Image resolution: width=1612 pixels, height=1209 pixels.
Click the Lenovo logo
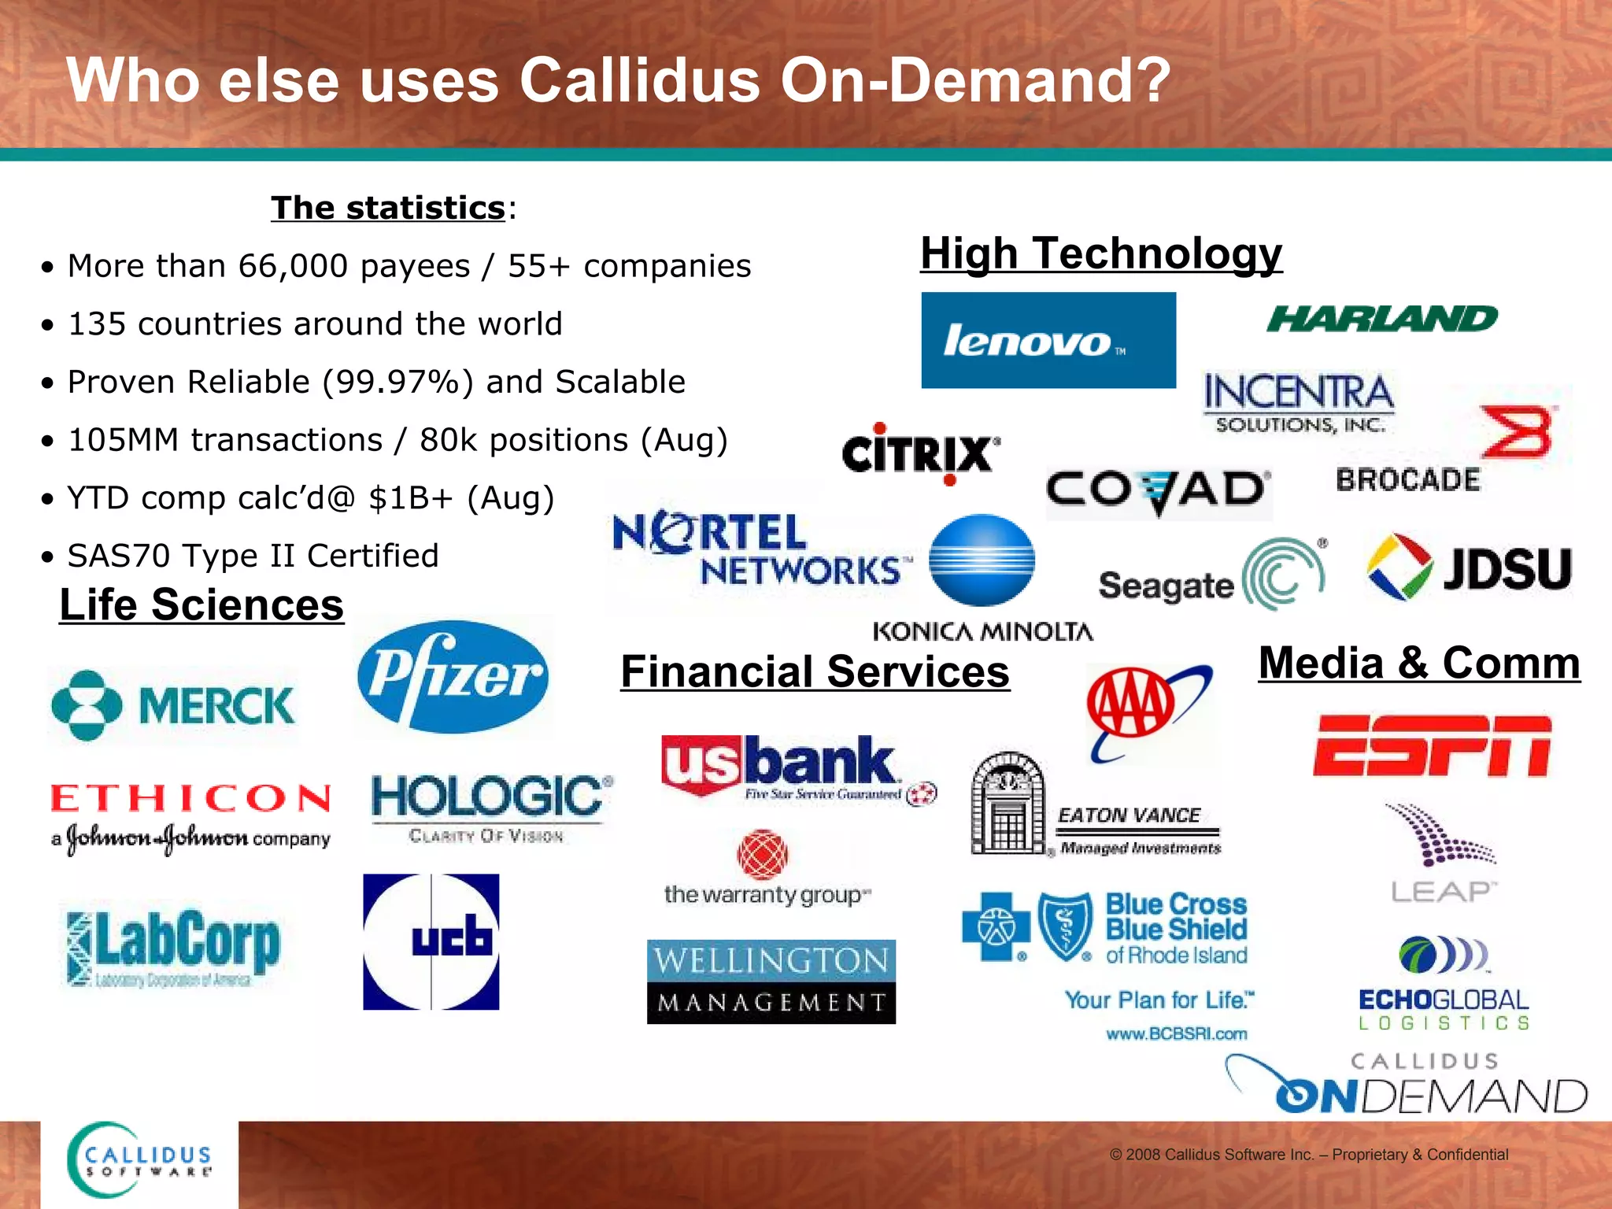1048,340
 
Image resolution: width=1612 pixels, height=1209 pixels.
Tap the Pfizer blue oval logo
453,676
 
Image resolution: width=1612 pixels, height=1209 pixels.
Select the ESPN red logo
1432,746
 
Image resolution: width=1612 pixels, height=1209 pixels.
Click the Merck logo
173,705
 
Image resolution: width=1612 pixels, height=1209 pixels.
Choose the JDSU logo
1469,568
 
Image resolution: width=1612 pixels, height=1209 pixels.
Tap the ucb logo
431,941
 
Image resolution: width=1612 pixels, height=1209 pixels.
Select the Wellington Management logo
771,982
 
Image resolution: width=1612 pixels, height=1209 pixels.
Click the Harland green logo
1381,319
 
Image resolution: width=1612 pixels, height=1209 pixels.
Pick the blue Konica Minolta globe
982,560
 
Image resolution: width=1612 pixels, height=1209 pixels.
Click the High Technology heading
1101,253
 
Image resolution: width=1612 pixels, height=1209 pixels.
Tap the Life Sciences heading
201,605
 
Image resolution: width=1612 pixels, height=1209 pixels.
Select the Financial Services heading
815,672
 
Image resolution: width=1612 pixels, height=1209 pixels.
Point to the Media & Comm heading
1419,663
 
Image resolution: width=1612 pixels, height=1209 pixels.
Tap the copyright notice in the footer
1308,1155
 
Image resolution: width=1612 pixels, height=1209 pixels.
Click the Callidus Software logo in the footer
140,1162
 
